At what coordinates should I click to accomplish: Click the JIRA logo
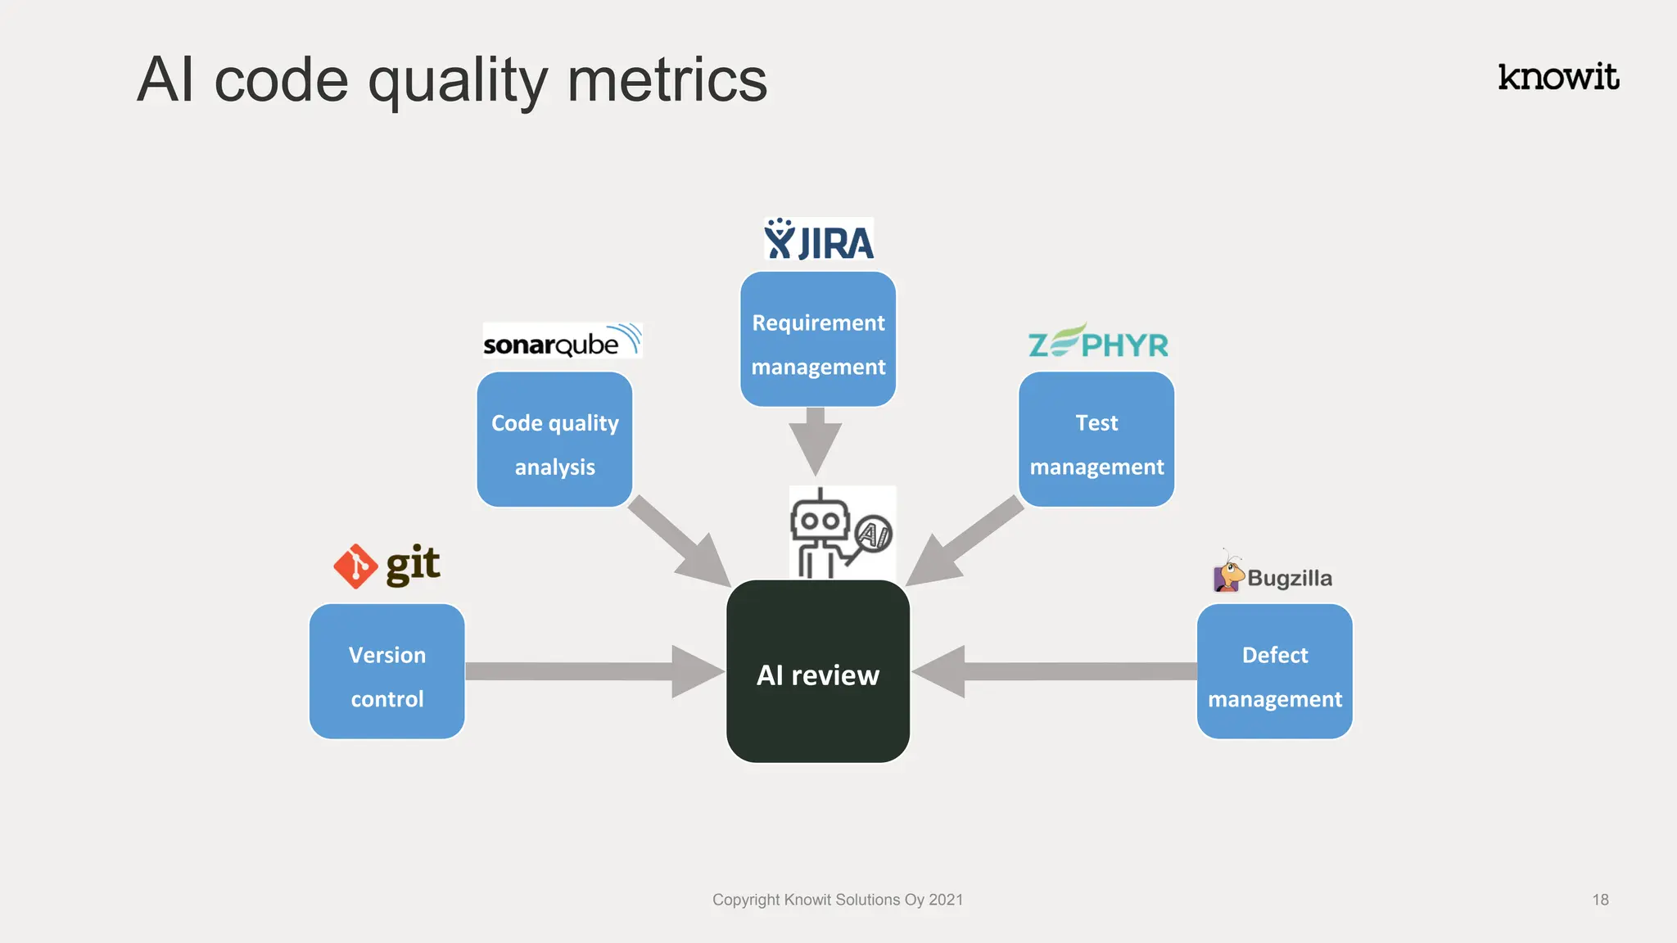point(819,239)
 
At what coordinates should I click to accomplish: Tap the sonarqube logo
point(562,341)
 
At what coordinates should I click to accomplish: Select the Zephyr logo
point(1098,341)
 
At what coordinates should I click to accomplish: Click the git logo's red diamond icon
point(355,566)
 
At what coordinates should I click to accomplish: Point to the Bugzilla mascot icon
point(1228,573)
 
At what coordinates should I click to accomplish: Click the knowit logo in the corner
point(1557,77)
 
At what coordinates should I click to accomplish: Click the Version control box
point(387,672)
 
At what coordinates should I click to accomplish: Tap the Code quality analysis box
point(554,440)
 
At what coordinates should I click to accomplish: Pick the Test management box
point(1096,440)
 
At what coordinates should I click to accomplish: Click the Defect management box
point(1274,672)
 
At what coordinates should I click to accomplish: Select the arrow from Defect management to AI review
point(1056,671)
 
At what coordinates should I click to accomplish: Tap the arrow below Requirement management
point(816,442)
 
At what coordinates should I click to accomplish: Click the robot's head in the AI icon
point(820,521)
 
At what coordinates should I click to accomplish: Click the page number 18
point(1600,900)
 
